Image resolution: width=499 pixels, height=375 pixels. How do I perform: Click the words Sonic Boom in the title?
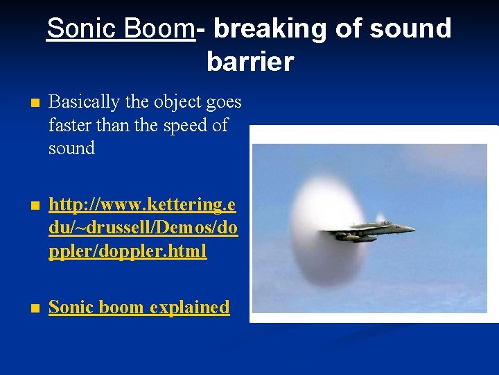pyautogui.click(x=121, y=28)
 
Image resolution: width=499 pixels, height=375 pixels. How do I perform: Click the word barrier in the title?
pyautogui.click(x=249, y=62)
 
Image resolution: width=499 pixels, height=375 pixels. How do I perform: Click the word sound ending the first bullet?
pyautogui.click(x=71, y=148)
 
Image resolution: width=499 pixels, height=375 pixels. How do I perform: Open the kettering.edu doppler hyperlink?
pyautogui.click(x=142, y=228)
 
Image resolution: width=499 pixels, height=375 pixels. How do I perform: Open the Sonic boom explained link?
pyautogui.click(x=139, y=307)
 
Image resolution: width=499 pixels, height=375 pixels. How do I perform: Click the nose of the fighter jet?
pyautogui.click(x=413, y=228)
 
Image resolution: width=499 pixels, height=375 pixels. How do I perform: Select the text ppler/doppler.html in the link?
pyautogui.click(x=128, y=251)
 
